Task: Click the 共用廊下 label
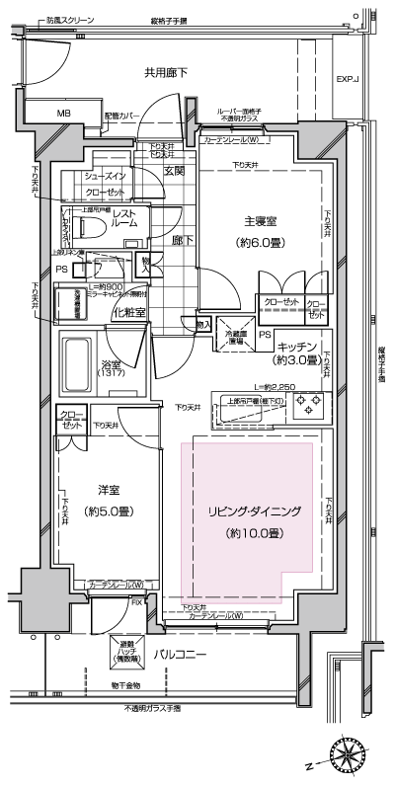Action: (x=167, y=72)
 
